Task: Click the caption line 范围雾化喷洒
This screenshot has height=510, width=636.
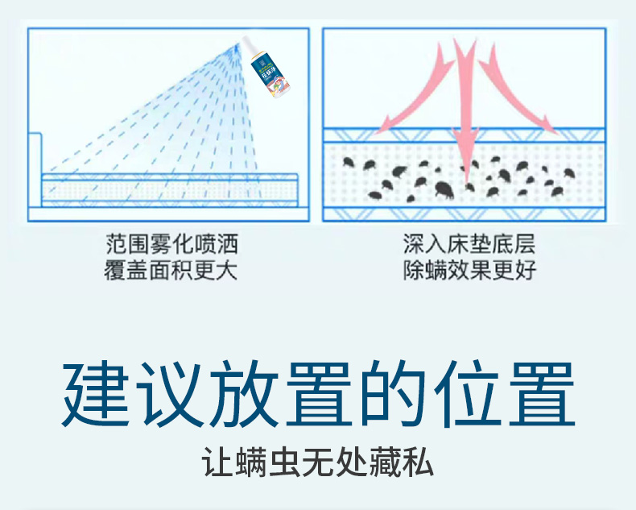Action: (x=171, y=243)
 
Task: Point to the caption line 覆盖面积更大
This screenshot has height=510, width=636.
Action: (x=171, y=270)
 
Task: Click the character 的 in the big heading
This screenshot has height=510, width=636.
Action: (x=391, y=396)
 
